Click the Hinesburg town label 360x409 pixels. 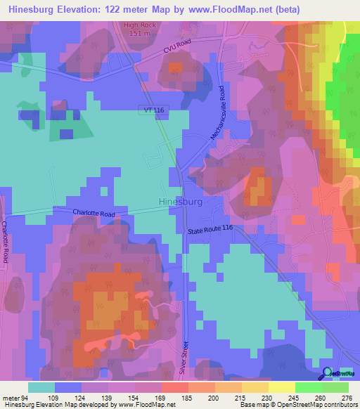click(x=181, y=202)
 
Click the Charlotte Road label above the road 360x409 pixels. click(x=93, y=213)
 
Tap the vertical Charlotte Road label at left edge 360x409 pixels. click(x=5, y=242)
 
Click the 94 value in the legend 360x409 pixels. click(x=27, y=397)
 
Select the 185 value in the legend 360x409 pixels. click(x=188, y=397)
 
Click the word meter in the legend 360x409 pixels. click(x=11, y=397)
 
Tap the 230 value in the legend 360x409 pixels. click(x=268, y=397)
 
